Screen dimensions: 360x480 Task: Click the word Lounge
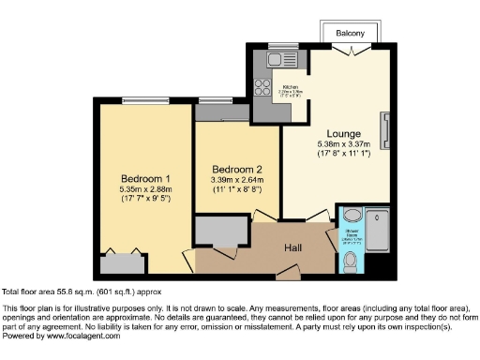tap(343, 132)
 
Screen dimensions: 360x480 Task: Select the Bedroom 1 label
tap(145, 179)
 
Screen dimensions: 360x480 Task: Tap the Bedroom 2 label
tap(235, 170)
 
